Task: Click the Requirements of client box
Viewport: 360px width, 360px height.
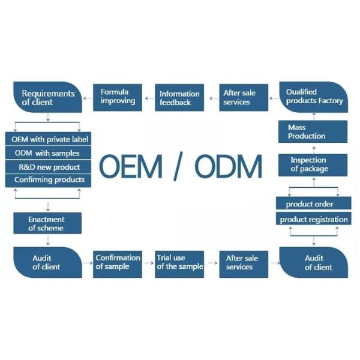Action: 47,97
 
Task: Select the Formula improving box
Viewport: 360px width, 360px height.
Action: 117,97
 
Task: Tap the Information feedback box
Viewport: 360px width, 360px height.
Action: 179,97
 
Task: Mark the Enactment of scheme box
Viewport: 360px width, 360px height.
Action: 47,224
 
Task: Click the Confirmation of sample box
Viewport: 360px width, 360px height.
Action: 118,262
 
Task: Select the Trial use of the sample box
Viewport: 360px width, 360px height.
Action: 179,262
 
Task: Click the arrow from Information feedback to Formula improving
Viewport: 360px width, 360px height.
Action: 149,97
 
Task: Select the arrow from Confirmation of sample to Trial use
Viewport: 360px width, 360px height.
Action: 148,262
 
